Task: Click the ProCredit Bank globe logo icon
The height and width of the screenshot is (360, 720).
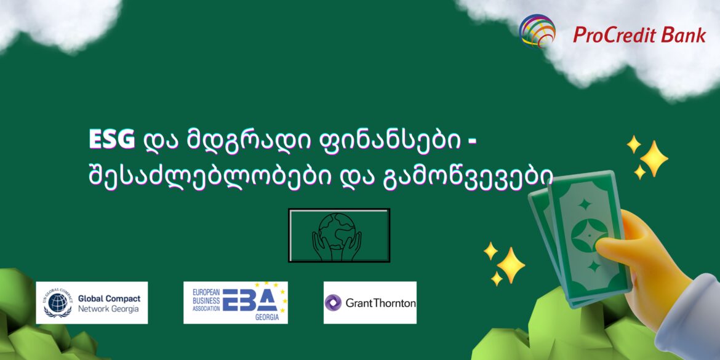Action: click(x=537, y=31)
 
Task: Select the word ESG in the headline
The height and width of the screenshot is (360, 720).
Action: click(x=111, y=141)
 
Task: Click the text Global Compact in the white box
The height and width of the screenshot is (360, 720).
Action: click(x=109, y=298)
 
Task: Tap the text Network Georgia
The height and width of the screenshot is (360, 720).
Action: click(x=108, y=309)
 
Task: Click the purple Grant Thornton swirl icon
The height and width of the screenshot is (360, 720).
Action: click(x=333, y=303)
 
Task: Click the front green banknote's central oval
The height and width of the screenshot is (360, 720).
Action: click(x=588, y=236)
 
